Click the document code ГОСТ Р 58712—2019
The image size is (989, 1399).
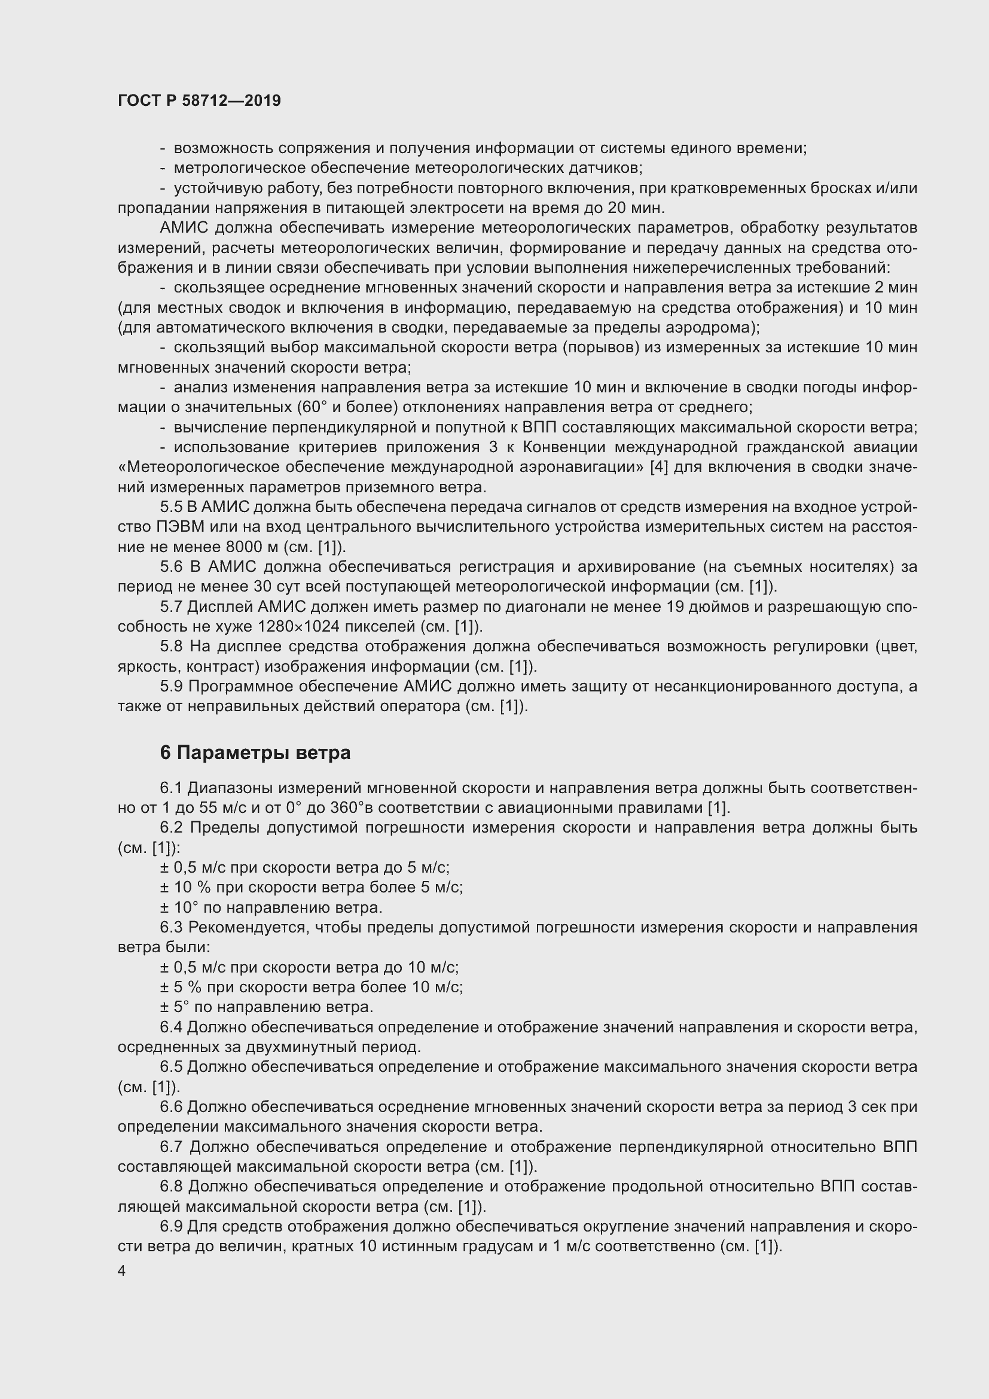(199, 100)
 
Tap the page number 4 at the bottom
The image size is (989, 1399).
(122, 1270)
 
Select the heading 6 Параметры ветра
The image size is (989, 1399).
(255, 753)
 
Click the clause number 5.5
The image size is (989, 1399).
(171, 507)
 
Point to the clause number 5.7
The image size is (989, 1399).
(171, 607)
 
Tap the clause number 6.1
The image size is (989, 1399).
(171, 788)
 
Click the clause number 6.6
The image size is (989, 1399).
(171, 1107)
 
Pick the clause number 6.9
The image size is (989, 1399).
(171, 1226)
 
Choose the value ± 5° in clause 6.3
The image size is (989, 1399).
(172, 1007)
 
